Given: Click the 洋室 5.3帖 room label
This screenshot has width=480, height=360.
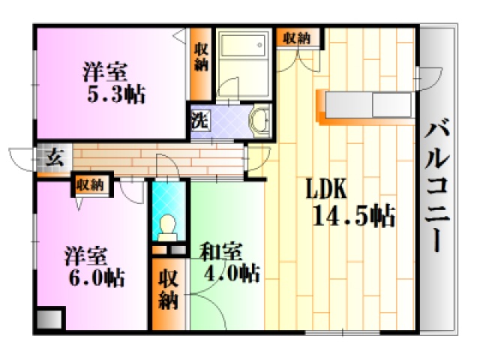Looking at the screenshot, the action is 113,82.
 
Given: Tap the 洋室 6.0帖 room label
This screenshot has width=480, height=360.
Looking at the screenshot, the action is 94,267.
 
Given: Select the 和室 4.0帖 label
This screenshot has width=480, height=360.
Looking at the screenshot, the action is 229,262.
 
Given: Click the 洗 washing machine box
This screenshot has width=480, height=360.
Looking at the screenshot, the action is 200,120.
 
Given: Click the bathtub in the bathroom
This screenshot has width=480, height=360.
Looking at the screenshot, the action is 243,46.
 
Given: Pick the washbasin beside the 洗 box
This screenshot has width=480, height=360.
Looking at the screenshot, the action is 259,121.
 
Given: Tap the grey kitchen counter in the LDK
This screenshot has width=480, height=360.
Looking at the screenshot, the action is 368,105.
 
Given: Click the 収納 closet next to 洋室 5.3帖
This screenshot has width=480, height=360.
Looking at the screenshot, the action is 201,64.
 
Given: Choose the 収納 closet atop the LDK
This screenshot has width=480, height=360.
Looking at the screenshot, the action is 297,38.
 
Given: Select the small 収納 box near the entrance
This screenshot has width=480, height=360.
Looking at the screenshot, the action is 91,185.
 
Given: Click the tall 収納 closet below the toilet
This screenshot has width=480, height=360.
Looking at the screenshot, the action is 168,295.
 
